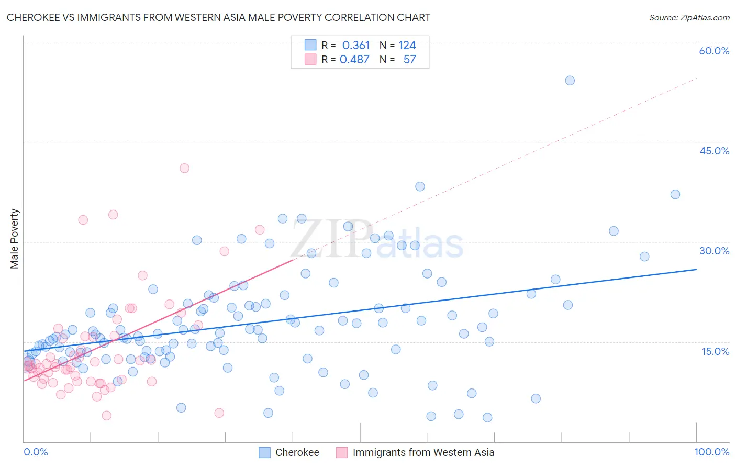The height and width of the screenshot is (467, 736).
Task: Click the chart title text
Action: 218,17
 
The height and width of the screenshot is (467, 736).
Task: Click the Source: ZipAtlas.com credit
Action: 689,17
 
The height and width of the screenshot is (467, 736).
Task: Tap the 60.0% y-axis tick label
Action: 714,51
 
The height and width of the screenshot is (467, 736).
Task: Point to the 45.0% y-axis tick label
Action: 714,151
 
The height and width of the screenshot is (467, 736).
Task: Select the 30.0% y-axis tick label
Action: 714,251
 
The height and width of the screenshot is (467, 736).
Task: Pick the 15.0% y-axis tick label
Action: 715,351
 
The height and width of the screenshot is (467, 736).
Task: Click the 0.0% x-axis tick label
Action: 36,452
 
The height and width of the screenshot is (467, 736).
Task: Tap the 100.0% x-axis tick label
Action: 711,452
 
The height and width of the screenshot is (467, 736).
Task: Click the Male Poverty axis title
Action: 14,239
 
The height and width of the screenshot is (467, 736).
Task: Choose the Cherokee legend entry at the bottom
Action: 297,452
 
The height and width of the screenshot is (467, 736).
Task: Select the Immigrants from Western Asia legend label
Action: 423,452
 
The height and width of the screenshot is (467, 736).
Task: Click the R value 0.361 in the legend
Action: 356,46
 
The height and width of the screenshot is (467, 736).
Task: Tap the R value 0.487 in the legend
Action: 354,60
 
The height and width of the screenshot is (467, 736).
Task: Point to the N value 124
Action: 407,46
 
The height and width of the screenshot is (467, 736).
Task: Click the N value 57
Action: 409,60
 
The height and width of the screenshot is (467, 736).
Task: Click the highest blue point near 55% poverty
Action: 570,81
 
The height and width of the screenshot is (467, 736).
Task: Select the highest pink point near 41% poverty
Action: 184,168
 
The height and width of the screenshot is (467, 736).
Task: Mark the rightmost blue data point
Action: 675,194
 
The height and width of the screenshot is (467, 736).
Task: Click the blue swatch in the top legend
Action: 310,45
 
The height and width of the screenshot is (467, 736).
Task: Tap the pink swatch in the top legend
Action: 310,59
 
